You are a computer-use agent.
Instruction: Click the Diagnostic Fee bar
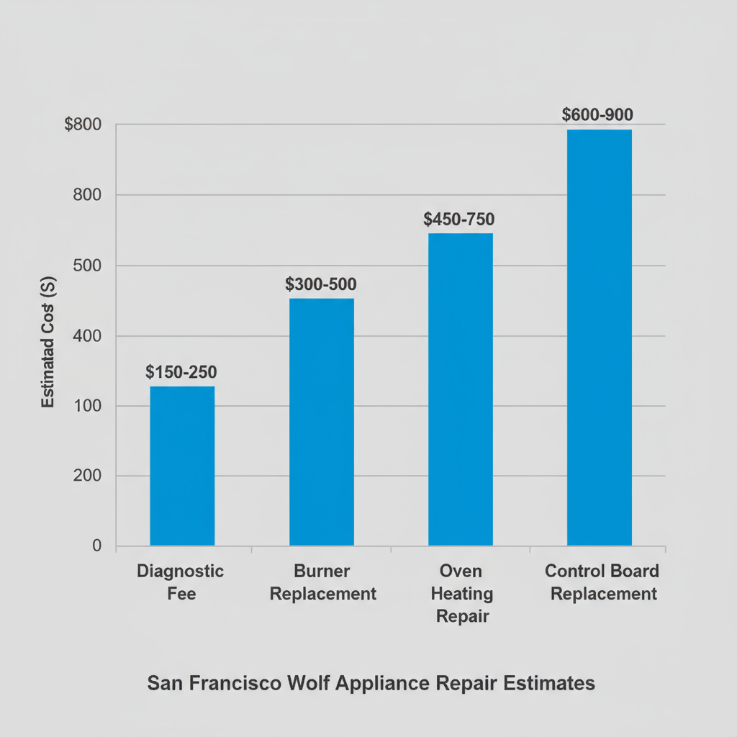tap(182, 466)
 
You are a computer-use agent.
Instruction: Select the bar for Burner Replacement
tap(322, 422)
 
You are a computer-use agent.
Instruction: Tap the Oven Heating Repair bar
tap(461, 389)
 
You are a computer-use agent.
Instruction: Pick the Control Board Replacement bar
tap(600, 338)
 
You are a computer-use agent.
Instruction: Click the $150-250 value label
tap(181, 372)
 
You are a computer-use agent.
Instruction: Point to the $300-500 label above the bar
tap(321, 284)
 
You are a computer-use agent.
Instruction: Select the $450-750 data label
tap(459, 219)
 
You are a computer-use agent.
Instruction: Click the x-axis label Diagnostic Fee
tap(181, 582)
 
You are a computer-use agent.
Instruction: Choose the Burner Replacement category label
tap(322, 582)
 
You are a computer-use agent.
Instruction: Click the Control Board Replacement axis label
tap(602, 582)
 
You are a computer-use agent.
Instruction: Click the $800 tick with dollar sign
tap(83, 125)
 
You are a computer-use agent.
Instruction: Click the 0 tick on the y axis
tap(96, 546)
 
